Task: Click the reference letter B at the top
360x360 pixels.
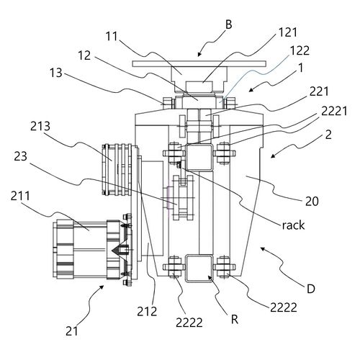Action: pyautogui.click(x=229, y=24)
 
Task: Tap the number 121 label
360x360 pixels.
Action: pyautogui.click(x=288, y=32)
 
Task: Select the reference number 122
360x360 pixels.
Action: pyautogui.click(x=300, y=50)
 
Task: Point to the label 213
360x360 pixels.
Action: pyautogui.click(x=40, y=126)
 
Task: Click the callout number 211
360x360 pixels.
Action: pyautogui.click(x=20, y=196)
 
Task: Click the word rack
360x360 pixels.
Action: pyautogui.click(x=293, y=225)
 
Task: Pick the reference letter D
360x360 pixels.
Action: pyautogui.click(x=311, y=289)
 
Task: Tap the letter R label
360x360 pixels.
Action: pyautogui.click(x=235, y=320)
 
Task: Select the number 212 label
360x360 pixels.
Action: pyautogui.click(x=147, y=312)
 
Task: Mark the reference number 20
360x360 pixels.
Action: pyautogui.click(x=312, y=202)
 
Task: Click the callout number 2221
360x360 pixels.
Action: pyautogui.click(x=334, y=111)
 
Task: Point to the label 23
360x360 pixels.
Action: pyautogui.click(x=21, y=157)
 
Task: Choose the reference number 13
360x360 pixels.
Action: pyautogui.click(x=56, y=73)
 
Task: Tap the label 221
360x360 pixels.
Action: pyautogui.click(x=319, y=91)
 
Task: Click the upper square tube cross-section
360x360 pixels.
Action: pyautogui.click(x=199, y=158)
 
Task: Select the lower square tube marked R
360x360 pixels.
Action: pyautogui.click(x=199, y=269)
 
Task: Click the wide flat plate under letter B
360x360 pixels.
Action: pyautogui.click(x=199, y=64)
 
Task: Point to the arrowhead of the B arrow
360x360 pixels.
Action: pyautogui.click(x=199, y=55)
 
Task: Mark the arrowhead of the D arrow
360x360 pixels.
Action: pyautogui.click(x=263, y=249)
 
